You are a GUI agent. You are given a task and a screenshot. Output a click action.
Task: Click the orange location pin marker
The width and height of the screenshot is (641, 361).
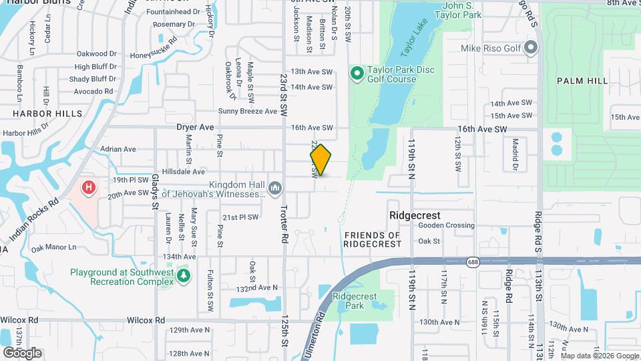pyautogui.click(x=320, y=160)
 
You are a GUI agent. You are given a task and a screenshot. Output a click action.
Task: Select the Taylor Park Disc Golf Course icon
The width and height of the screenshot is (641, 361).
pyautogui.click(x=357, y=72)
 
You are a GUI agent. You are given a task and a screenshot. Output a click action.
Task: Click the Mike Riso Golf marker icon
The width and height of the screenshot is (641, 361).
pyautogui.click(x=531, y=47)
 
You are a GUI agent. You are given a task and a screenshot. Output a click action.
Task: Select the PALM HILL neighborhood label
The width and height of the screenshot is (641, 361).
pyautogui.click(x=582, y=81)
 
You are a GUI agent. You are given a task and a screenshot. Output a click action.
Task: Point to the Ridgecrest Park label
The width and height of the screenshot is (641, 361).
pyautogui.click(x=355, y=300)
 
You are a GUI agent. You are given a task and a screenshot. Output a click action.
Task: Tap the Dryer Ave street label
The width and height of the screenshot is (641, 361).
pyautogui.click(x=195, y=127)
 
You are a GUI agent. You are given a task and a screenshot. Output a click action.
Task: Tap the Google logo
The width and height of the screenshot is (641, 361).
pyautogui.click(x=22, y=352)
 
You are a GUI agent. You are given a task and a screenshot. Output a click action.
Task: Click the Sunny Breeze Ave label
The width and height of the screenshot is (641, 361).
pyautogui.click(x=247, y=111)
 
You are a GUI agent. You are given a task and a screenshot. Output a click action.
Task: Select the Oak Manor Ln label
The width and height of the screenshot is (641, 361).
pyautogui.click(x=54, y=248)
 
